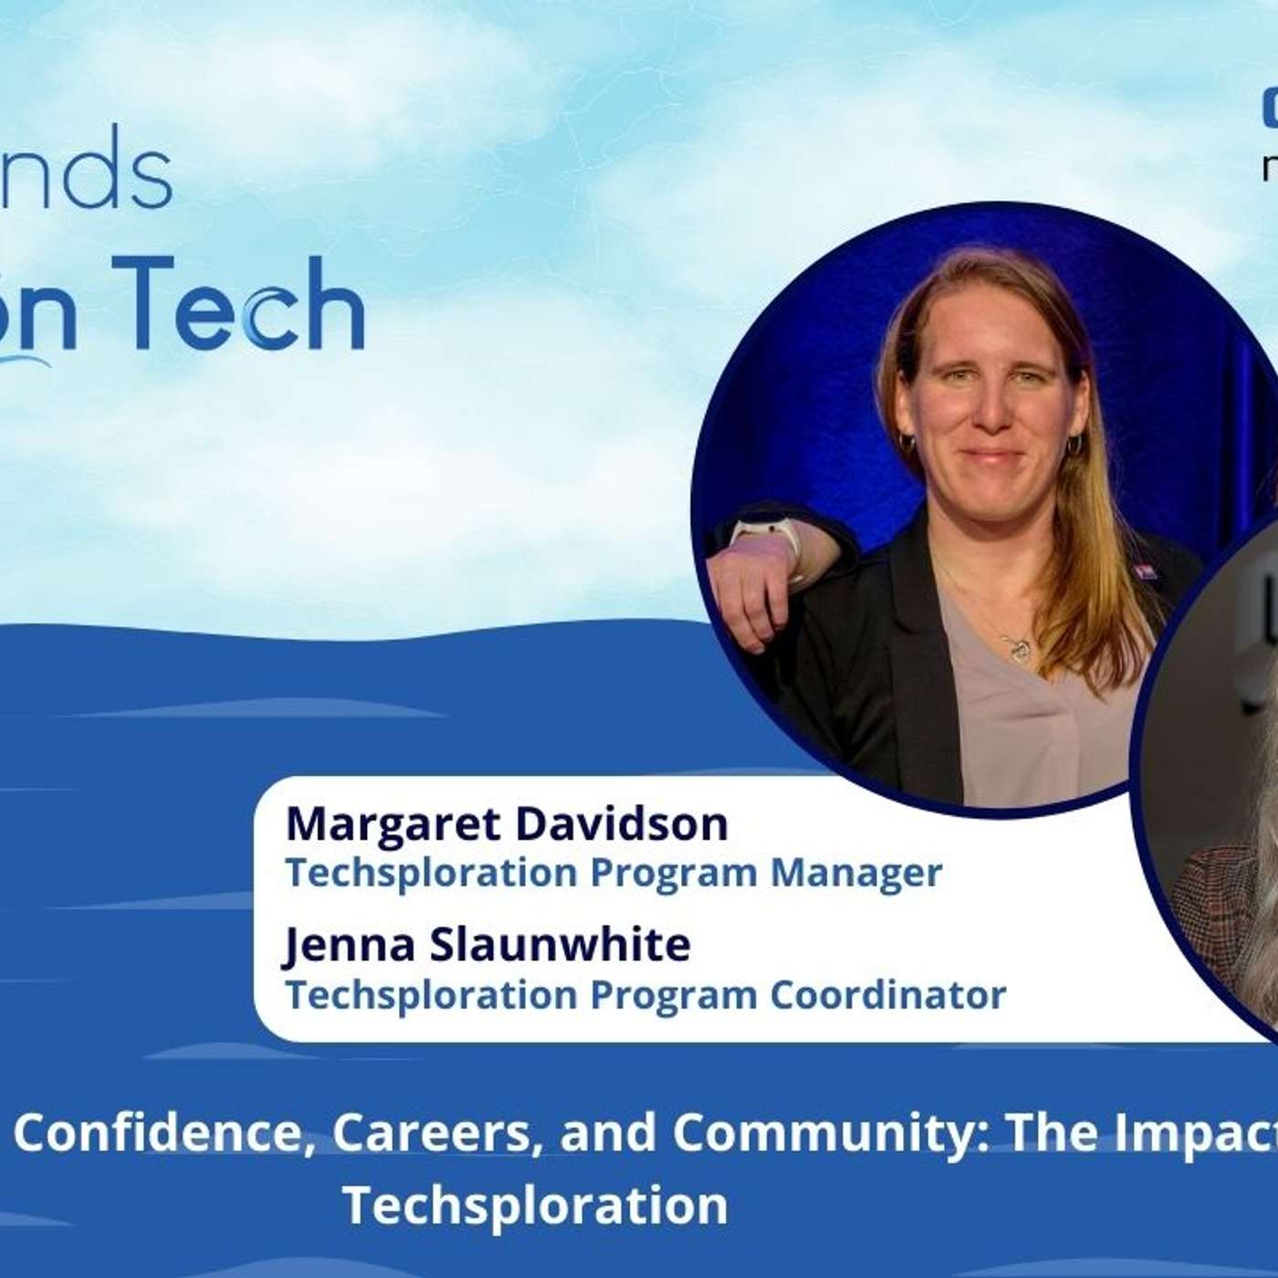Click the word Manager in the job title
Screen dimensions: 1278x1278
[855, 873]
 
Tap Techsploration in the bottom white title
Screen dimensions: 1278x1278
[535, 1205]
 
